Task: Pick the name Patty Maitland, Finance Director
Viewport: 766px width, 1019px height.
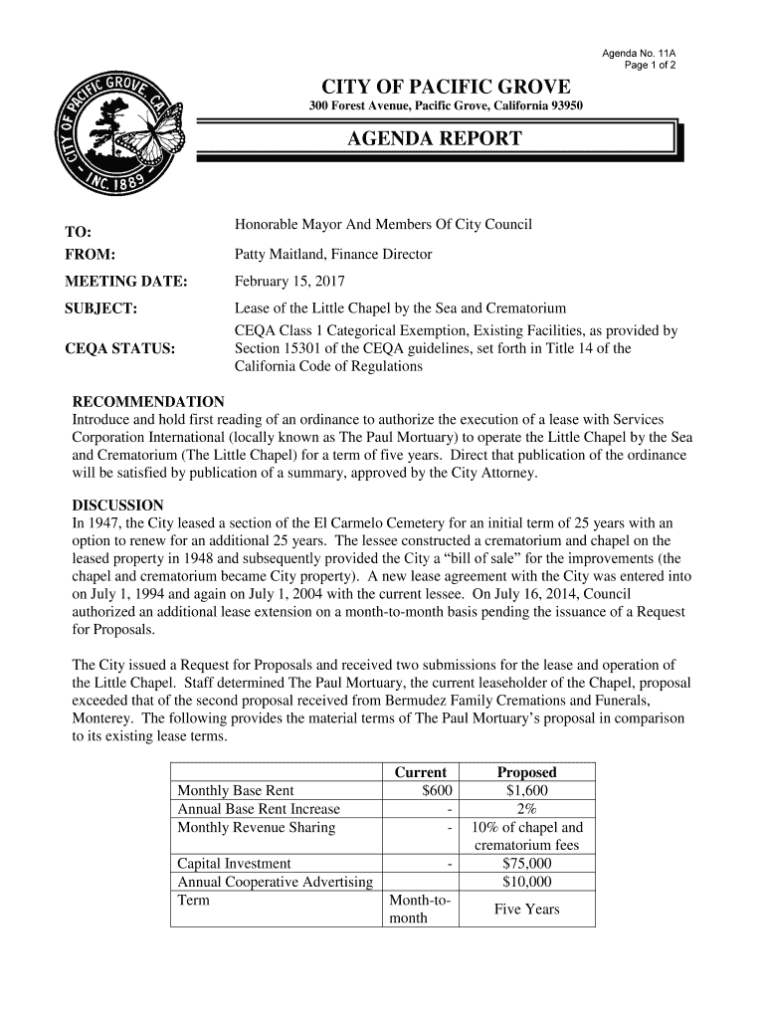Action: [332, 255]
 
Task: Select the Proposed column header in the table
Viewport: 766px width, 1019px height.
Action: [526, 772]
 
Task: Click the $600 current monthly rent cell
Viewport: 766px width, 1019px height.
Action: [437, 791]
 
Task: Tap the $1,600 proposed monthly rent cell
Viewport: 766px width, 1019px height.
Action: [526, 791]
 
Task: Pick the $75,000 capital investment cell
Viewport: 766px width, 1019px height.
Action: [526, 864]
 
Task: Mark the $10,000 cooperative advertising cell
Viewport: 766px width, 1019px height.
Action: [526, 882]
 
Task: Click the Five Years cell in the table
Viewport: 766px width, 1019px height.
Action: [526, 910]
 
